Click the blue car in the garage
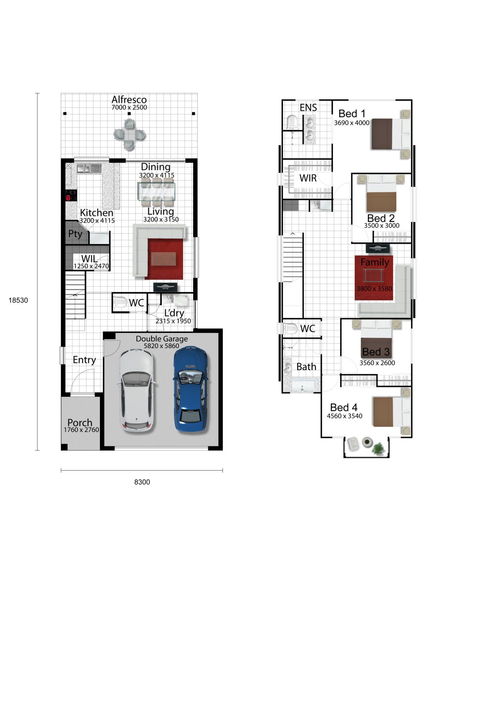coord(190,389)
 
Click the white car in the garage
coord(136,390)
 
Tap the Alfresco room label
coord(129,100)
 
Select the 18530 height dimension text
coord(18,300)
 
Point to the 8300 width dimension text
coord(142,482)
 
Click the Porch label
coord(80,422)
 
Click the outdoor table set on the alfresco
coord(129,134)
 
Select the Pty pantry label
coord(75,234)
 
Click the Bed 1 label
coord(352,113)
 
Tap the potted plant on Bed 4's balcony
coord(378,449)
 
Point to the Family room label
coord(375,262)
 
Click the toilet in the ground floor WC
coord(120,302)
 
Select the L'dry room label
coord(174,313)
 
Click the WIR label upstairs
coord(308,178)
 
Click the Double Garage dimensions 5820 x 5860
coord(162,346)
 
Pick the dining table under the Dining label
coord(156,191)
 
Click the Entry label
coord(84,360)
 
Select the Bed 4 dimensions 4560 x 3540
coord(344,416)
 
